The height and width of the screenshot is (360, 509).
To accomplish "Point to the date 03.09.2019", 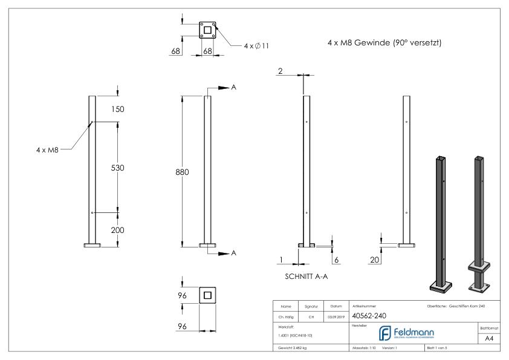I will pos(336,316).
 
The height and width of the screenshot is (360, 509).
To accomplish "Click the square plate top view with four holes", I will pos(207,30).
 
